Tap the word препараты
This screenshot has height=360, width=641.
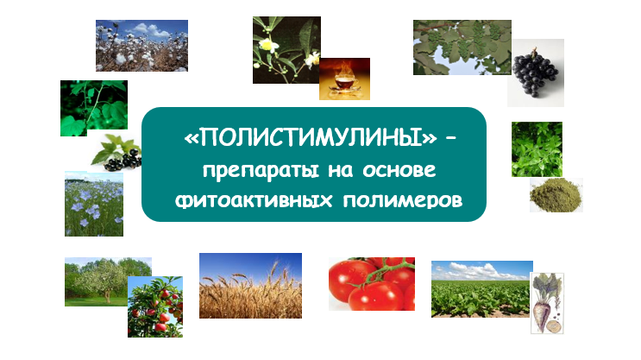261,171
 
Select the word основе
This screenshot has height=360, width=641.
399,170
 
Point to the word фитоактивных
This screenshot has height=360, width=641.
254,200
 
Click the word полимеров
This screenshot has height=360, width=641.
403,201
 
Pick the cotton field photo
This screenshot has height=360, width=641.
141,46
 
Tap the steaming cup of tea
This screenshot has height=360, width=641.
344,79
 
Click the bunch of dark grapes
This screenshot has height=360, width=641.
536,73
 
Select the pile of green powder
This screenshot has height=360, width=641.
556,195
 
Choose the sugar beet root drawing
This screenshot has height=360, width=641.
547,303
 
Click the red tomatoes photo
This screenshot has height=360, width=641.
372,283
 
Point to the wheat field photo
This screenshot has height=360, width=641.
250,286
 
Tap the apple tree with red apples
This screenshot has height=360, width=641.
155,306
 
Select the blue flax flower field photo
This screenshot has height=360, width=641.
94,204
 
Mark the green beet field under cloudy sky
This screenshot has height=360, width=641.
481,289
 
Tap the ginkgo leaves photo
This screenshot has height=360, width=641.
462,47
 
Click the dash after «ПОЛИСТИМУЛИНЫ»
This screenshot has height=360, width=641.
451,139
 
